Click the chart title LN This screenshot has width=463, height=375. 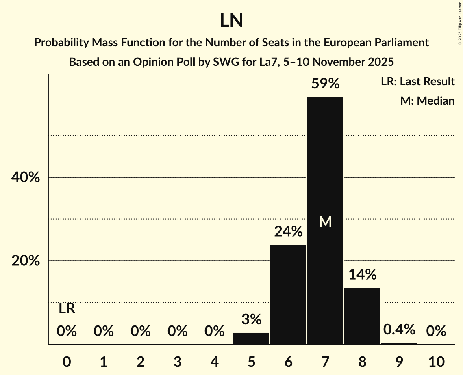(231, 21)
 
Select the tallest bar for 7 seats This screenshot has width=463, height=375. (325, 170)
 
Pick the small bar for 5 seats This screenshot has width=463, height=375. (251, 338)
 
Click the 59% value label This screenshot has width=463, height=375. (325, 84)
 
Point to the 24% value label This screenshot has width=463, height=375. (288, 232)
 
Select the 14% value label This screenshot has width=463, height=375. (362, 275)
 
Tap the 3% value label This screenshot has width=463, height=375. (251, 319)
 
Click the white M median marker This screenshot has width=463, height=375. (325, 222)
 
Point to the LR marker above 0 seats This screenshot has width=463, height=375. (67, 309)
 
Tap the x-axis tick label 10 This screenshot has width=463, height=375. (436, 362)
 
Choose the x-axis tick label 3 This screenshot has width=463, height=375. (178, 362)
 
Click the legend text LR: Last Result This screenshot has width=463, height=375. (417, 82)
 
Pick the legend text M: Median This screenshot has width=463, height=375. (427, 101)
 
